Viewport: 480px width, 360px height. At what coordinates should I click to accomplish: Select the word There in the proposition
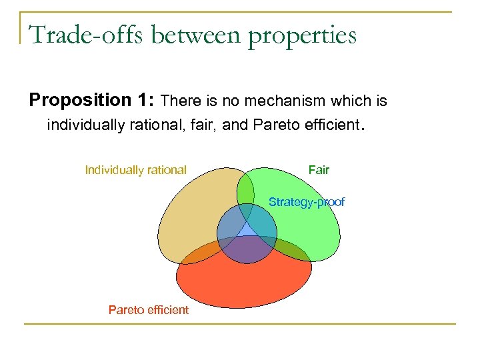[x=181, y=101]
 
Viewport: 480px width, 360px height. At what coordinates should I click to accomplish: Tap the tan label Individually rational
[x=135, y=170]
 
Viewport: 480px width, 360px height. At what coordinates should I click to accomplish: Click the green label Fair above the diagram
[x=319, y=170]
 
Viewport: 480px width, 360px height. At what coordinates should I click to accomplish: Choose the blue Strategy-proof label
[x=306, y=202]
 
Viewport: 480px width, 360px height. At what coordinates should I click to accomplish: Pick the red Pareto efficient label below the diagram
[x=148, y=309]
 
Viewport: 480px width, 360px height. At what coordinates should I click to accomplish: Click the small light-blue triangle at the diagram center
[x=247, y=230]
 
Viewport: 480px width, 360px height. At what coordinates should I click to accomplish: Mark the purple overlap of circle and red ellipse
[x=247, y=249]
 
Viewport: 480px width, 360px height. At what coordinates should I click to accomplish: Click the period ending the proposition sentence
[x=363, y=126]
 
